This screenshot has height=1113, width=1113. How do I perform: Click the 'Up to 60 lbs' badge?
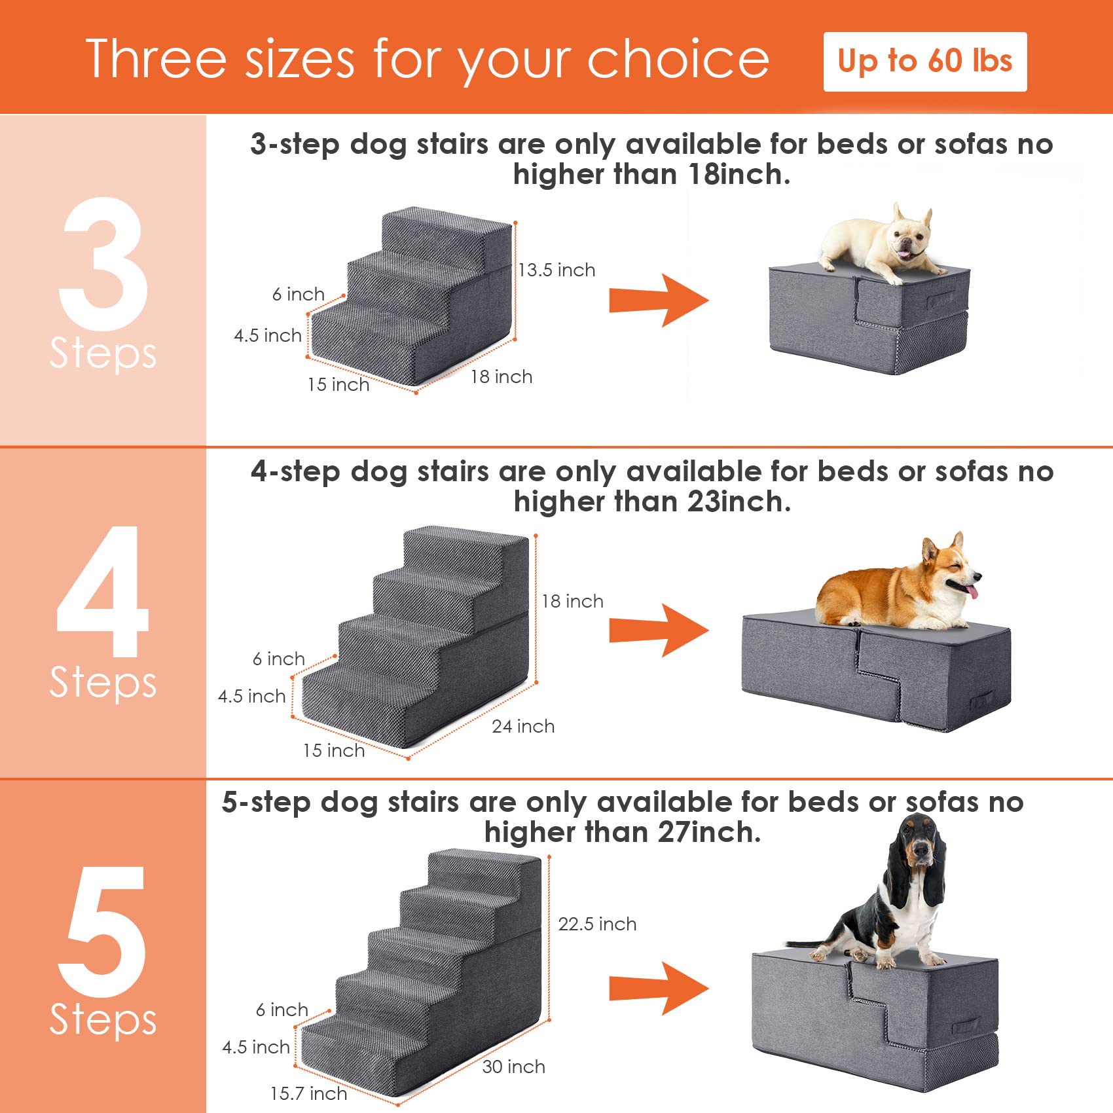tap(924, 62)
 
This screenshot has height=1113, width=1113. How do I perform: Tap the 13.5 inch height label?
tap(556, 270)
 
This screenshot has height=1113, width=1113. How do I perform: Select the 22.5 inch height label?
tap(596, 924)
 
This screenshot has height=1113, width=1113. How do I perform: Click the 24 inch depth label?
tap(523, 726)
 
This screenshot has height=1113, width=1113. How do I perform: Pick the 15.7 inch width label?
tap(308, 1093)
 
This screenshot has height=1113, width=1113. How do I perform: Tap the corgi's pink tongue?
tap(974, 593)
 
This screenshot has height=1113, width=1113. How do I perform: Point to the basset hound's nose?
tap(921, 850)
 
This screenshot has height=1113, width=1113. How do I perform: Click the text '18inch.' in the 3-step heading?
tap(739, 175)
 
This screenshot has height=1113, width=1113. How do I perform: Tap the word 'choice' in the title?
tap(678, 59)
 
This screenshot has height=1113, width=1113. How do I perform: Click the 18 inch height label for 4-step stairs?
tap(572, 601)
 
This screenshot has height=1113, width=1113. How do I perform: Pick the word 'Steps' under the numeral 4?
tap(103, 682)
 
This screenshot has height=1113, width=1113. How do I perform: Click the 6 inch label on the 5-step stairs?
tap(282, 1010)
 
